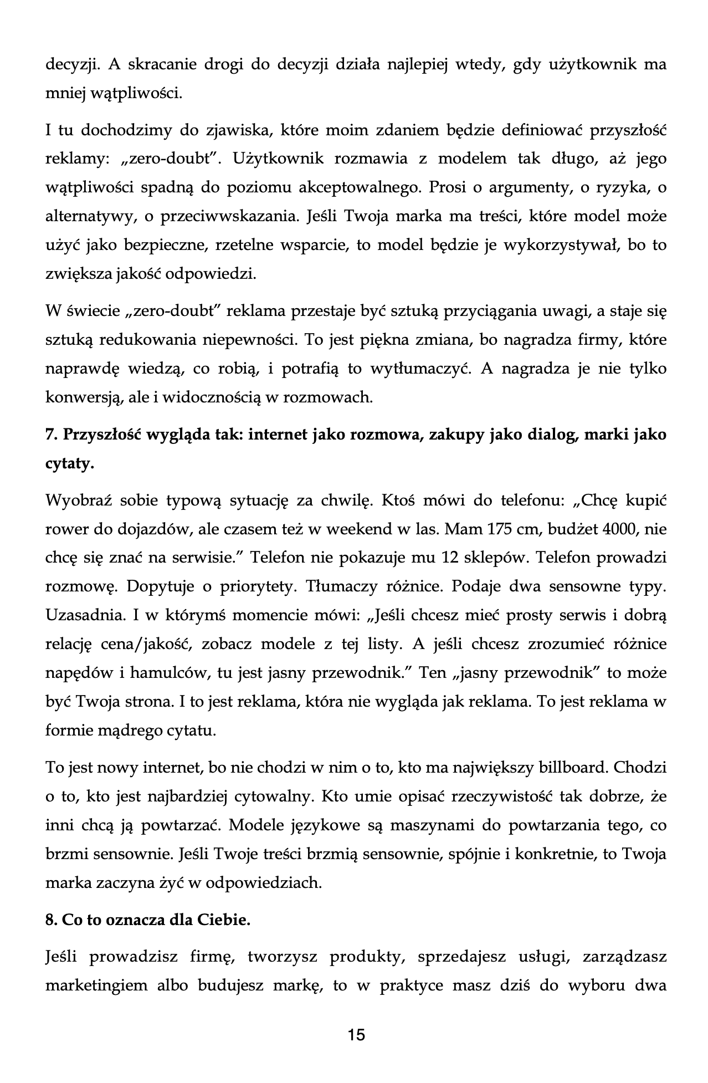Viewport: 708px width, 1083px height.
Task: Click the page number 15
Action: [356, 1034]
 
